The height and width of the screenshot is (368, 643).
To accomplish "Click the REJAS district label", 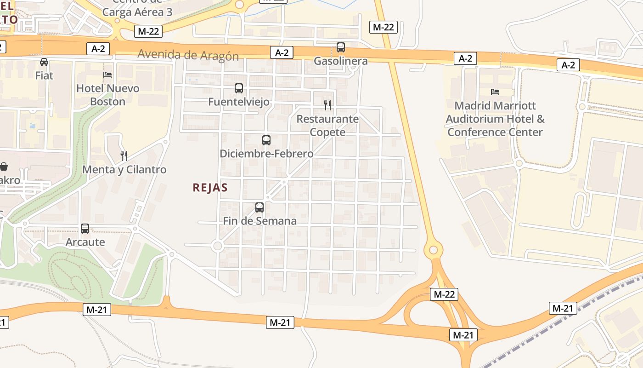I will click(x=210, y=188).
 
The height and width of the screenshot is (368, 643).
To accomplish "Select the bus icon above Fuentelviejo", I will click(x=238, y=88).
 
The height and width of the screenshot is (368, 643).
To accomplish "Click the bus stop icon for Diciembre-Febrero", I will click(x=266, y=140).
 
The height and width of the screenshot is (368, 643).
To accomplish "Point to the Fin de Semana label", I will click(x=260, y=221).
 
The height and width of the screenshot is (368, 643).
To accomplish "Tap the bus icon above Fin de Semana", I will click(x=259, y=207).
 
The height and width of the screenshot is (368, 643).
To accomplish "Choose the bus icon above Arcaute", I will click(x=85, y=228).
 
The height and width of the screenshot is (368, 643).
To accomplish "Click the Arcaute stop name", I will click(x=85, y=242).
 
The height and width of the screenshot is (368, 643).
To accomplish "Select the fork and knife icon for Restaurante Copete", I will click(x=327, y=105).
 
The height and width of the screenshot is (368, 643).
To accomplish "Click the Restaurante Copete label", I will click(x=327, y=126).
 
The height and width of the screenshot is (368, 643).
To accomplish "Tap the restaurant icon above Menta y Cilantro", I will click(x=124, y=156).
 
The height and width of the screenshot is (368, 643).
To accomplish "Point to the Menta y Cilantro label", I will click(x=124, y=170).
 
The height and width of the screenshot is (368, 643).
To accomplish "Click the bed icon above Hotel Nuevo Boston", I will click(x=107, y=75).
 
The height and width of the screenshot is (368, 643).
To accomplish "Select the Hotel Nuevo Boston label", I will click(x=107, y=95).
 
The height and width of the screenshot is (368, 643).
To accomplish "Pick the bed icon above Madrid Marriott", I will click(x=495, y=92).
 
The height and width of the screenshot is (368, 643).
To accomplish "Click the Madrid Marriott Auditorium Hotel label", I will click(x=496, y=119).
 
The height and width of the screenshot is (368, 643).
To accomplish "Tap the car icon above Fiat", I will click(x=44, y=62).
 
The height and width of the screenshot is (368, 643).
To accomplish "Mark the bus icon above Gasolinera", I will click(x=340, y=47).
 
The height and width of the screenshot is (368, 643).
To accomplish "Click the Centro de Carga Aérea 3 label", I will click(x=137, y=9).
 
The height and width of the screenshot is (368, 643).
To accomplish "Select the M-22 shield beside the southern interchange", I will click(x=444, y=294).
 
